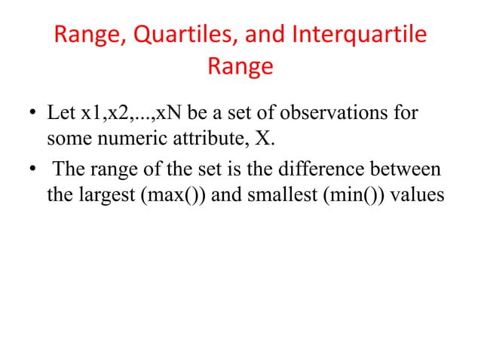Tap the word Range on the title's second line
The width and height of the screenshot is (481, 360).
(240, 68)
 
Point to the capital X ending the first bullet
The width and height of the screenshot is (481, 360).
(268, 140)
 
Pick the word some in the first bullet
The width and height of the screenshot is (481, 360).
(66, 140)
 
